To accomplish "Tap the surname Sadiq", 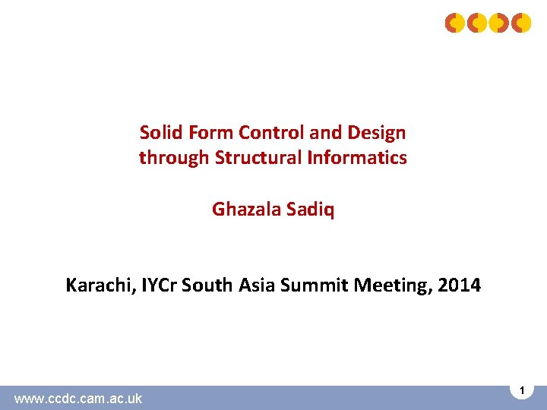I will pos(311,210).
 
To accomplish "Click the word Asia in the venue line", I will pos(254,286).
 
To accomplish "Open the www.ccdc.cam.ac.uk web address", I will pos(78,398).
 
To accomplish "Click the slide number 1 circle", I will pos(522,389).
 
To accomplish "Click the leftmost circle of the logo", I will pos(454,23).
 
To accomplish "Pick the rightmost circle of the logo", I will pos(521,23).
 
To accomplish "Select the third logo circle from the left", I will pos(499,23).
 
